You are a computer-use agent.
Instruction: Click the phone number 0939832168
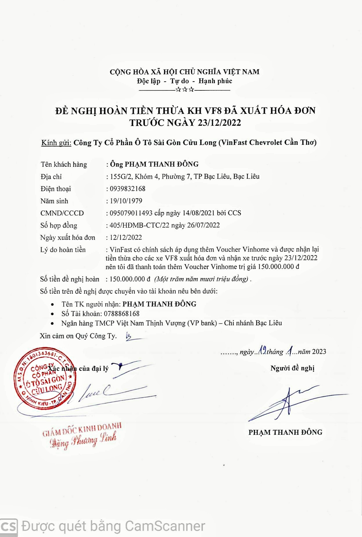[x=127, y=189]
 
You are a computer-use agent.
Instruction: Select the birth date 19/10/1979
[x=126, y=201]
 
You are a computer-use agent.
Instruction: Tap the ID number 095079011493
[x=131, y=213]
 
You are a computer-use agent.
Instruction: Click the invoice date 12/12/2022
[x=126, y=238]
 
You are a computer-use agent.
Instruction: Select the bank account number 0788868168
[x=122, y=314]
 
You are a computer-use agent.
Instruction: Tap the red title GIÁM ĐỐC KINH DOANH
[x=82, y=430]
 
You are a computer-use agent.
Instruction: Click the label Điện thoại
[x=56, y=189]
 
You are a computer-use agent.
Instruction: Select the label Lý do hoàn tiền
[x=63, y=250]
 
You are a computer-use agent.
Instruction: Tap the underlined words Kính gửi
[x=56, y=143]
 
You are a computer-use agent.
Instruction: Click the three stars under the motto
[x=184, y=89]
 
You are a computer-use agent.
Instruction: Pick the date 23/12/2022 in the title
[x=219, y=123]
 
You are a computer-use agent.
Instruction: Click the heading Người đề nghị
[x=292, y=368]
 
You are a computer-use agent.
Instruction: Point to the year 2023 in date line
[x=319, y=352]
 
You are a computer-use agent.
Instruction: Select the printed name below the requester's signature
[x=285, y=432]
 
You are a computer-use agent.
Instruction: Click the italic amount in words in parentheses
[x=202, y=279]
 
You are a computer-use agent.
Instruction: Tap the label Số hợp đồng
[x=59, y=225]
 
